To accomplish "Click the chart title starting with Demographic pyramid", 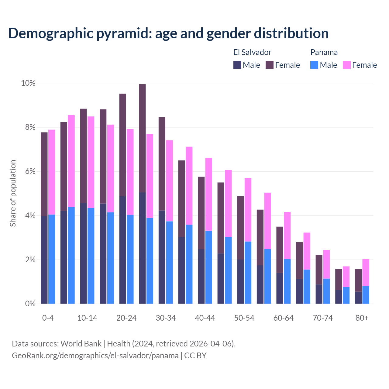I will pyautogui.click(x=168, y=33).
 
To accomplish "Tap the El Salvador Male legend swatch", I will pyautogui.click(x=237, y=65).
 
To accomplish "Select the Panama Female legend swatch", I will pyautogui.click(x=347, y=65).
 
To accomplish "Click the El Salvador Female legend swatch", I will pyautogui.click(x=270, y=65).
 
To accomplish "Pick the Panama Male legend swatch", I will pyautogui.click(x=314, y=65).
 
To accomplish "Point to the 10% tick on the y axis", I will pyautogui.click(x=28, y=83).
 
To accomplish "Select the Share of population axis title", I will pyautogui.click(x=13, y=193).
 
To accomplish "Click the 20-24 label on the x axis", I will pyautogui.click(x=126, y=318).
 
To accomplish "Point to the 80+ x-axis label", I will pyautogui.click(x=362, y=318).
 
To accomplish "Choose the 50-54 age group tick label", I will pyautogui.click(x=244, y=318).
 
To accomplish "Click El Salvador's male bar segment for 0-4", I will pyautogui.click(x=44, y=260).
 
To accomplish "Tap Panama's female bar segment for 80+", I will pyautogui.click(x=366, y=273).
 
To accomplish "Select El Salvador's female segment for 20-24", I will pyautogui.click(x=122, y=145).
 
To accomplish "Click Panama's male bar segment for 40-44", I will pyautogui.click(x=209, y=267).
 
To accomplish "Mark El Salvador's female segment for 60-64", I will pyautogui.click(x=280, y=250).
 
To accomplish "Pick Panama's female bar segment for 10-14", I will pyautogui.click(x=91, y=162).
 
